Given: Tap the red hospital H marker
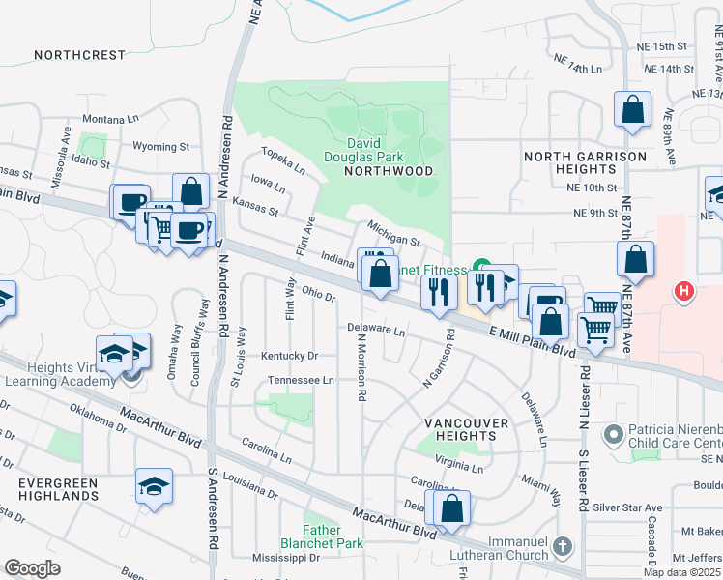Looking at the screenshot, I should [684, 290].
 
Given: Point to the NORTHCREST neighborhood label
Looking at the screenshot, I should [79, 55].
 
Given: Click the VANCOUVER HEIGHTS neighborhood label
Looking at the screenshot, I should [467, 430].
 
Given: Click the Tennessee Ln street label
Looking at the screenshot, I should [301, 380].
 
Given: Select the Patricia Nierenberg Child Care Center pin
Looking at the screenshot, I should [612, 435].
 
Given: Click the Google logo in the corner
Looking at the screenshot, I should [32, 568].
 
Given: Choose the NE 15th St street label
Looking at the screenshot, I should [662, 46].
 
